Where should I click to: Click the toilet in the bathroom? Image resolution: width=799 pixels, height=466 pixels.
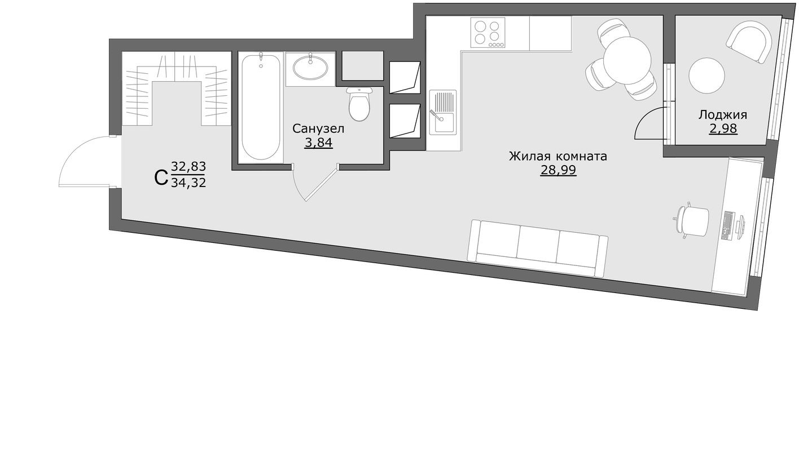click(x=359, y=105)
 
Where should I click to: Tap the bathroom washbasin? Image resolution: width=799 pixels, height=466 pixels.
click(x=310, y=68)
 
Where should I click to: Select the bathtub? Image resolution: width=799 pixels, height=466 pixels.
click(x=261, y=107)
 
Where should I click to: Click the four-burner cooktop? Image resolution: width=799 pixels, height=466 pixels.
click(x=488, y=33)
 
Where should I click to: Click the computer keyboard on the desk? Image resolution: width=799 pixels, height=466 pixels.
click(x=728, y=225)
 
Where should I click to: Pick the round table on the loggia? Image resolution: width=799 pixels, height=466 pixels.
click(x=706, y=76)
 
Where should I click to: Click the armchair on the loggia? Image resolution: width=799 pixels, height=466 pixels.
click(x=749, y=41)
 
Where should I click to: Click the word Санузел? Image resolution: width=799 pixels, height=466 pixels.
click(x=318, y=129)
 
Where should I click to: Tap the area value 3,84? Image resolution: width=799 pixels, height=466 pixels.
click(x=318, y=143)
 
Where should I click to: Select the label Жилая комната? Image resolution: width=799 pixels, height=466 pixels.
click(x=557, y=156)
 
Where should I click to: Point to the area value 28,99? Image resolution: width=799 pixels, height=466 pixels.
click(x=558, y=170)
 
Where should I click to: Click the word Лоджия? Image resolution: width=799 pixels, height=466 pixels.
click(x=723, y=115)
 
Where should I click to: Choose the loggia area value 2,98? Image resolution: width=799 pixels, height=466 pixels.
click(x=723, y=128)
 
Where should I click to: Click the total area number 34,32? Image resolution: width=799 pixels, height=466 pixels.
click(x=188, y=182)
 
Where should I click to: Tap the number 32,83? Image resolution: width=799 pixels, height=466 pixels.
click(x=188, y=166)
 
